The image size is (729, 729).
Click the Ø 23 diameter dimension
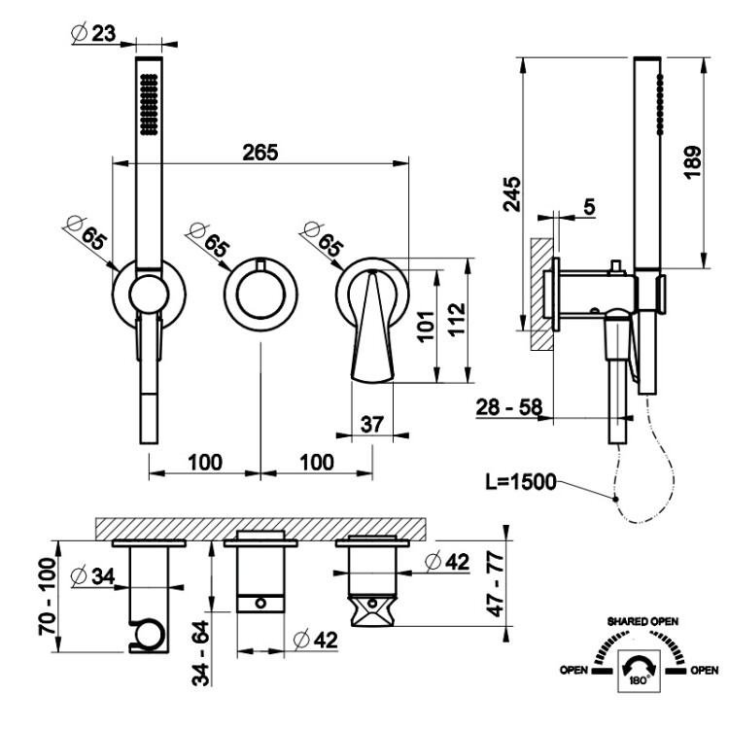pos(92,34)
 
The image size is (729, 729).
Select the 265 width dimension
pos(260,152)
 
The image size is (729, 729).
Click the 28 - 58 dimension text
pos(511,408)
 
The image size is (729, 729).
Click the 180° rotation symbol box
pos(639,672)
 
